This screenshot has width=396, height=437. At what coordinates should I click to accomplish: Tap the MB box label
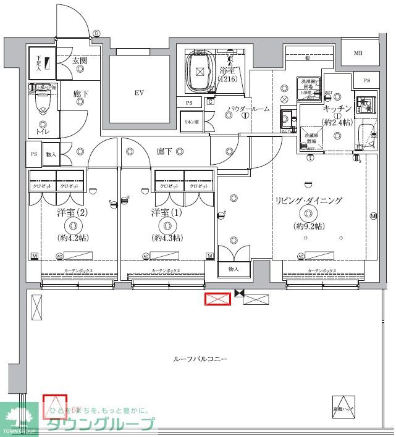pyautogui.click(x=358, y=54)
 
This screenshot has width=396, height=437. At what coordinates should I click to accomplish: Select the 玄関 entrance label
pyautogui.click(x=79, y=60)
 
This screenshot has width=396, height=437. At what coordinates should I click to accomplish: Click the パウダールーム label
pyautogui.click(x=248, y=109)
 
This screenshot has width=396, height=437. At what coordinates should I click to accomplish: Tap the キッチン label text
pyautogui.click(x=337, y=108)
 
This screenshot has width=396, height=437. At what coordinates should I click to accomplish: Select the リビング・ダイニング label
pyautogui.click(x=308, y=201)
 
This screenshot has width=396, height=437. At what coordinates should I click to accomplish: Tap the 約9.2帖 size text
pyautogui.click(x=308, y=226)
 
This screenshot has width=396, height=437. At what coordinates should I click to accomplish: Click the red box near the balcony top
pyautogui.click(x=217, y=299)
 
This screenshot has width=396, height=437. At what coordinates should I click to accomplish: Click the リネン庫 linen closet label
pyautogui.click(x=190, y=121)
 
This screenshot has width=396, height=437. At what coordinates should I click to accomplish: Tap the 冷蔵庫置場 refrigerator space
pyautogui.click(x=311, y=138)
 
